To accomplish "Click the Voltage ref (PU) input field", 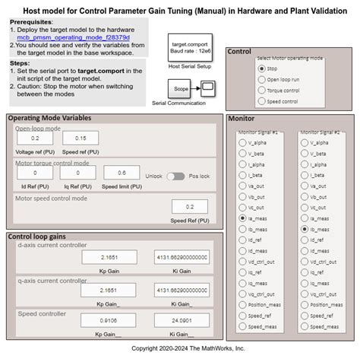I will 35,138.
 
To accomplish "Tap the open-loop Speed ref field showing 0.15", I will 81,138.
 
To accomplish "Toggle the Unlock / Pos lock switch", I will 176,176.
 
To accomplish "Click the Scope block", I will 182,90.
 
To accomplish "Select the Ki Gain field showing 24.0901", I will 182,320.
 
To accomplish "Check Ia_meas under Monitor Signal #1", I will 242,218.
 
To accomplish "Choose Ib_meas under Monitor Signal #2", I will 305,228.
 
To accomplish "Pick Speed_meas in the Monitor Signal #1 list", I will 242,326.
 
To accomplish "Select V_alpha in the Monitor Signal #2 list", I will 305,141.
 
